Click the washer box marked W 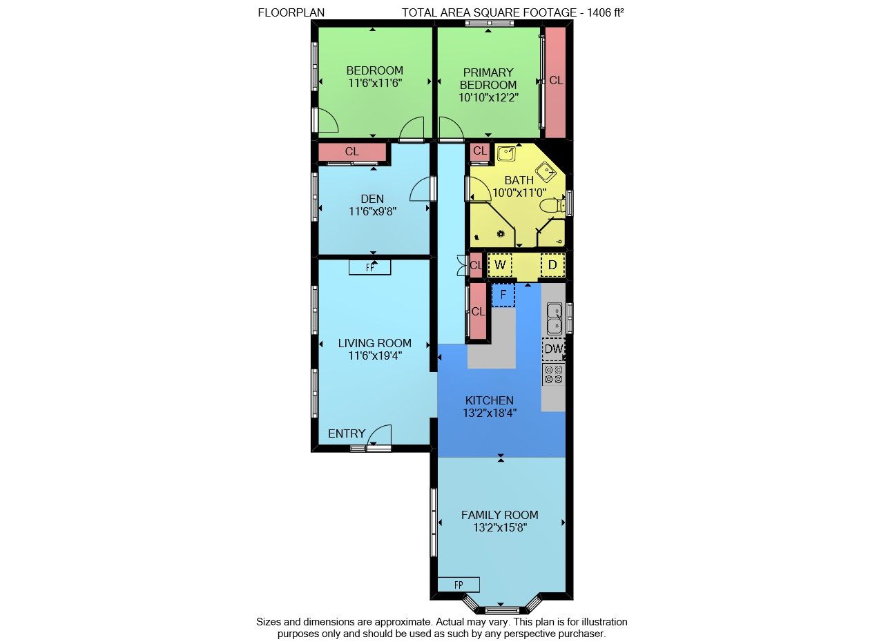pos(500,265)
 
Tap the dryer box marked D pos(552,265)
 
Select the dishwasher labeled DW pos(554,349)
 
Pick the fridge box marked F pos(503,295)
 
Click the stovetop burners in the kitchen pos(554,374)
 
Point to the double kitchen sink pos(555,318)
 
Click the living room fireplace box pos(370,268)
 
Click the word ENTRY pos(347,433)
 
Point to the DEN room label pos(372,199)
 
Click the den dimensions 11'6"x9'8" pos(373,211)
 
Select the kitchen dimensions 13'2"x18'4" pos(490,413)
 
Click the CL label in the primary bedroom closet pos(556,80)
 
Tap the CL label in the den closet pos(352,151)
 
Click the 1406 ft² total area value pos(606,12)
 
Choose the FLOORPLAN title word pos(291,12)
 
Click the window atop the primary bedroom pos(489,23)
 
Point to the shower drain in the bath pos(501,234)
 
